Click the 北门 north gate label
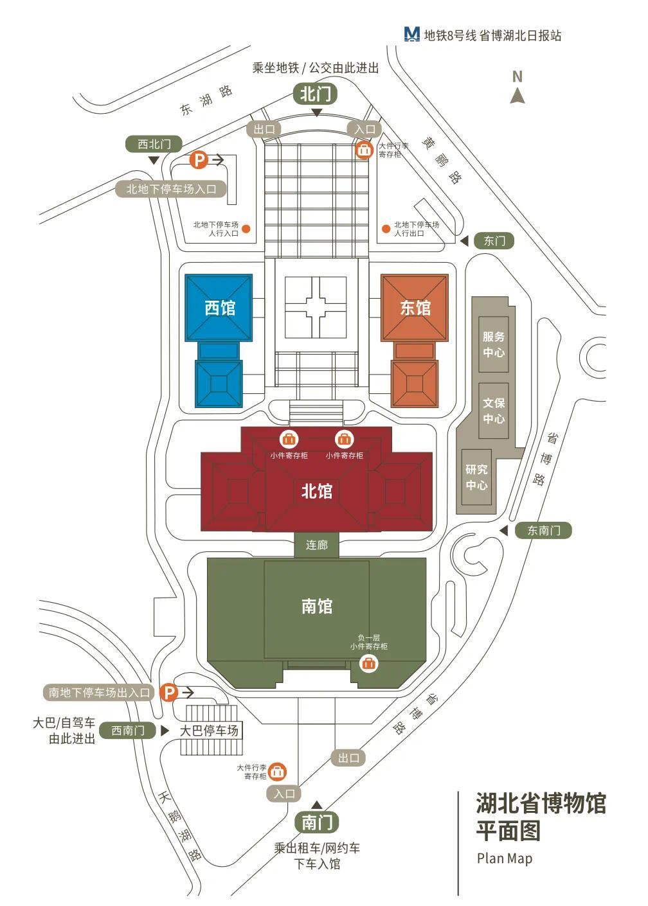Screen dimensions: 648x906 tap(315, 94)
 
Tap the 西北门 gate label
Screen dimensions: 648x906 tap(154, 144)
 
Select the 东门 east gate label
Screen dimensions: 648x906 tap(494, 241)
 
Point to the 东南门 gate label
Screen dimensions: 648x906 tap(543, 530)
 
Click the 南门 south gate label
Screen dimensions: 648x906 tap(316, 821)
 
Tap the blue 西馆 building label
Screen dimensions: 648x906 tap(220, 308)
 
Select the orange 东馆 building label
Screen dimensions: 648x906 tap(415, 308)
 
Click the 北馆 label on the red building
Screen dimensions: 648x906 tap(316, 491)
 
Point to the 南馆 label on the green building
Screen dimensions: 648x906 tap(316, 606)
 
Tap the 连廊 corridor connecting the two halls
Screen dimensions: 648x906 tap(316, 545)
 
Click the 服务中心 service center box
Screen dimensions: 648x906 tap(493, 344)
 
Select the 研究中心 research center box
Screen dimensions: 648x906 tap(476, 477)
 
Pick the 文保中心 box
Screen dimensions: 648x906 tap(493, 411)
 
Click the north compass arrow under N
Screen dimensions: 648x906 tap(517, 96)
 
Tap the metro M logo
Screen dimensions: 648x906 tap(411, 35)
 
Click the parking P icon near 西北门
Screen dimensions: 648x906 tap(199, 160)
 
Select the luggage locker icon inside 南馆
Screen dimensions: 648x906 tap(368, 664)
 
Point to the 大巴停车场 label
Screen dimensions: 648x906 tap(209, 730)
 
